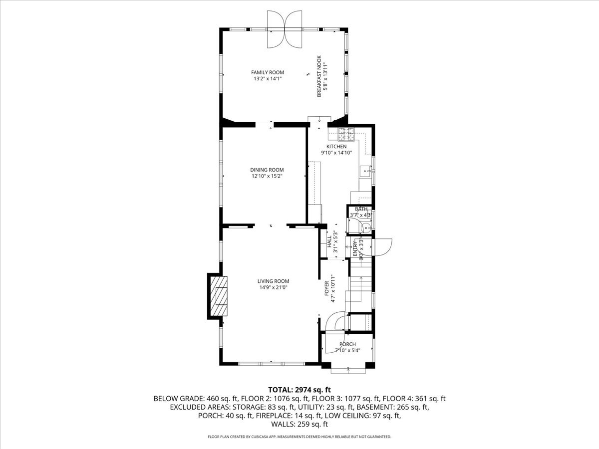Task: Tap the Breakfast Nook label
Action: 318,76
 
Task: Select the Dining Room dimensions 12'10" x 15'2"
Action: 268,176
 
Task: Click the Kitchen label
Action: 336,147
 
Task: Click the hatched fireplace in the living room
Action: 219,296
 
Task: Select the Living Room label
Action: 274,281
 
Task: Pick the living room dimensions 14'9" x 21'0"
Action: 274,287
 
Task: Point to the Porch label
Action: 347,344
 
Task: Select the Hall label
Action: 329,242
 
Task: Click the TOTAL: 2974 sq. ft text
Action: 299,390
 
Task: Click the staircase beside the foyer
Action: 360,292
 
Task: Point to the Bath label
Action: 361,209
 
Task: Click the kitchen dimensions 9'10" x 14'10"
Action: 336,153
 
